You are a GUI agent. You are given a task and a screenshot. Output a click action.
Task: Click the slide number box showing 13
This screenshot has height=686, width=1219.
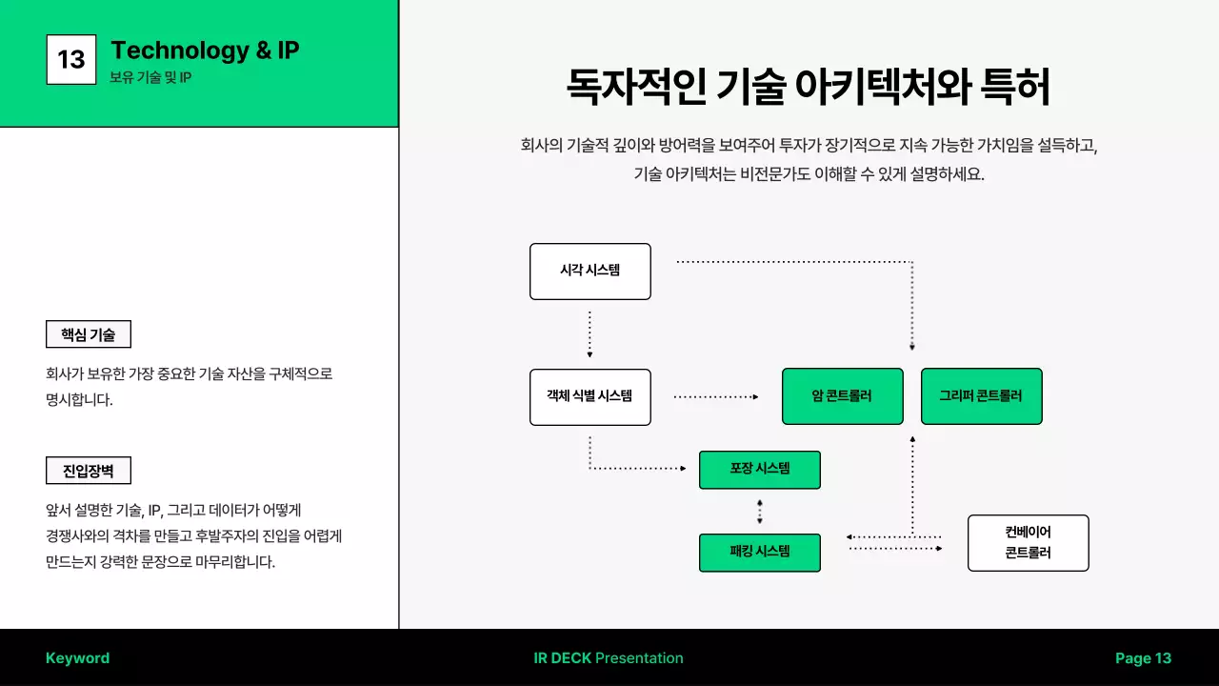point(71,59)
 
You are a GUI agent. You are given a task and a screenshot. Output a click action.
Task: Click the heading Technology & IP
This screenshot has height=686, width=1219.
point(205,50)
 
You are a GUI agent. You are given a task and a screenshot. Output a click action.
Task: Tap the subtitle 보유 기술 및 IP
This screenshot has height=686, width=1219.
point(150,77)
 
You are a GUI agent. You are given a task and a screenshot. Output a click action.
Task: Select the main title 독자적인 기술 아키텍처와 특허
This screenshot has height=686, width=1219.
point(808,88)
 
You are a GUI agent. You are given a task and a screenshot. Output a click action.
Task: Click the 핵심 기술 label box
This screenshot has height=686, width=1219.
point(89,334)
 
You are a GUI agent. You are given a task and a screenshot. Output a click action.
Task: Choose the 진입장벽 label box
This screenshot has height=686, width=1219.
point(89,471)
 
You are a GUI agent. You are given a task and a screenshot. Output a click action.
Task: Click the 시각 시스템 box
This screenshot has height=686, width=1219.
point(590,271)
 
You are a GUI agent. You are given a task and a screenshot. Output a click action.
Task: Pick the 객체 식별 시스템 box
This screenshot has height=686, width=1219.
point(590,396)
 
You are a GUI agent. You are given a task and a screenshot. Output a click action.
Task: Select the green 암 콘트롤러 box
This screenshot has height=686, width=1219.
point(842,396)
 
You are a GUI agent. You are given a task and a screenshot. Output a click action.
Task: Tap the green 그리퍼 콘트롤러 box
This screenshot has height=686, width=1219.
point(981,396)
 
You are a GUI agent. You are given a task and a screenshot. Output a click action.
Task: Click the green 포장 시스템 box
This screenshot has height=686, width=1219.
point(759,469)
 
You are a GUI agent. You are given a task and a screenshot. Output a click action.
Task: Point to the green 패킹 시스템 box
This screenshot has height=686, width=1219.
point(759,553)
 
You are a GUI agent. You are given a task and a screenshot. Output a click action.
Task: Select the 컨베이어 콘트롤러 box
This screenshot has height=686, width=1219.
point(1028,543)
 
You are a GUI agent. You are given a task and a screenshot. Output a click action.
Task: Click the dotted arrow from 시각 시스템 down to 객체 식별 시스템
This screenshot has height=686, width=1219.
point(590,333)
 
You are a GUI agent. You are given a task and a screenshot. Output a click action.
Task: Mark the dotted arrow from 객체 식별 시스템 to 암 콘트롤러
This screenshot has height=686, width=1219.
point(715,396)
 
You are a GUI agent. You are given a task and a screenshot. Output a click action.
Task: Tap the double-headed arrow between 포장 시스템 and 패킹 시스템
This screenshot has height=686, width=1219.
point(759,512)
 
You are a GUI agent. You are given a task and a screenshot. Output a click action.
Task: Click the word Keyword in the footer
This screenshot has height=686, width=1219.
point(77,658)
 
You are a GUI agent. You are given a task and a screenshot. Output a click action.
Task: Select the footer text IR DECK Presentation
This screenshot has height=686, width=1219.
point(609,658)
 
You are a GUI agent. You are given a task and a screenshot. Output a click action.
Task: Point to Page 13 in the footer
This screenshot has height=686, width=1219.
point(1143,658)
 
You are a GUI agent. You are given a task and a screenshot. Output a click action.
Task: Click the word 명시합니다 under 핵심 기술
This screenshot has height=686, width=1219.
point(79,400)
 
